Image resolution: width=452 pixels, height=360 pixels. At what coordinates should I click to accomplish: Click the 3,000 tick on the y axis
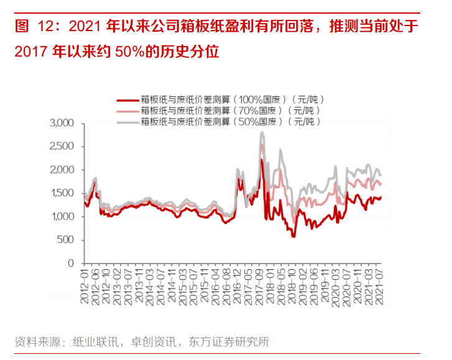(62, 124)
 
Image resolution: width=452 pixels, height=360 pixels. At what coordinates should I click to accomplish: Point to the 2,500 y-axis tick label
(62, 147)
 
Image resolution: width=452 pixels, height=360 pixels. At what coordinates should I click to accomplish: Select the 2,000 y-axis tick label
(62, 170)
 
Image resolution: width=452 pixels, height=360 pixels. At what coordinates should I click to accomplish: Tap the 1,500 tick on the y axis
(62, 193)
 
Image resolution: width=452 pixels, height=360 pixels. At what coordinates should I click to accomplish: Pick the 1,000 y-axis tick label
(62, 216)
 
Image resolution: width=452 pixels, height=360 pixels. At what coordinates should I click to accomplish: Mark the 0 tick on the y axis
(71, 263)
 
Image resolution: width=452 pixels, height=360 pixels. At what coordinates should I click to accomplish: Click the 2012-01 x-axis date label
(85, 286)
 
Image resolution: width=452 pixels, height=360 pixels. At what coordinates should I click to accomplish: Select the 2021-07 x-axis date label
(381, 286)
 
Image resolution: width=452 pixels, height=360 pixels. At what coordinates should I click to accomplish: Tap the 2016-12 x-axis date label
(238, 286)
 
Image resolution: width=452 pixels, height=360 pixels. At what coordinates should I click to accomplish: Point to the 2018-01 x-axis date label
(270, 286)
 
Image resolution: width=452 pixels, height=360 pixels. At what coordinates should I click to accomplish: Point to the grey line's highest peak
(262, 132)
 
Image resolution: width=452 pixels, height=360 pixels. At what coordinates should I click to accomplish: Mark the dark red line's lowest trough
(293, 237)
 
